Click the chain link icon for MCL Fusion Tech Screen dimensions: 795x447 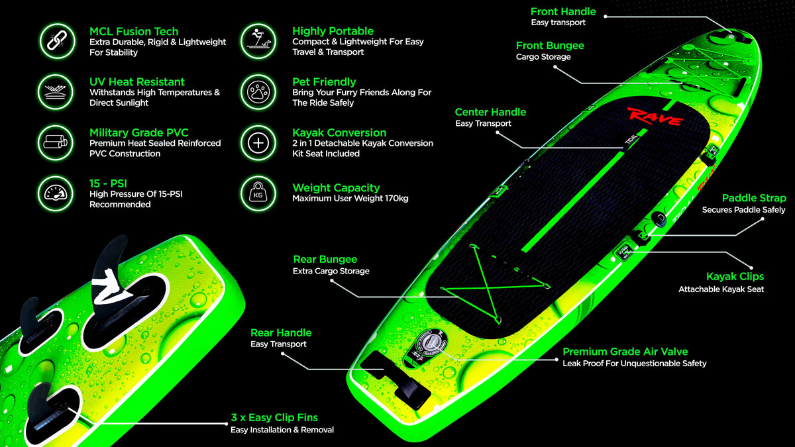pyautogui.click(x=57, y=41)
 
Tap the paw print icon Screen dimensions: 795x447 pyautogui.click(x=258, y=92)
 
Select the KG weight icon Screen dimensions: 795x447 pyautogui.click(x=258, y=193)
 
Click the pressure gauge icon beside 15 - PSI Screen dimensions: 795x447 pyautogui.click(x=56, y=193)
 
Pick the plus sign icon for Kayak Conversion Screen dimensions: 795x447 pyautogui.click(x=258, y=143)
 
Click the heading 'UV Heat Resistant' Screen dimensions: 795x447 pyautogui.click(x=137, y=82)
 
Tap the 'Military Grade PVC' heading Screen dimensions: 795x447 pyautogui.click(x=138, y=132)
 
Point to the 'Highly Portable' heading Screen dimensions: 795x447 pyautogui.click(x=333, y=31)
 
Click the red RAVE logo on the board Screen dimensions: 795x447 pyautogui.click(x=655, y=117)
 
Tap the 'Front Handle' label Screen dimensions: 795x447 pyautogui.click(x=563, y=12)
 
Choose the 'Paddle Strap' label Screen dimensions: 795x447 pyautogui.click(x=754, y=198)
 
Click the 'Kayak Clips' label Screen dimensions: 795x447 pyautogui.click(x=735, y=276)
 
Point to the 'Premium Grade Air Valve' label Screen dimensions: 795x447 pyautogui.click(x=625, y=352)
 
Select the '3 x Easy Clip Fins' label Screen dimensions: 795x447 pyautogui.click(x=274, y=418)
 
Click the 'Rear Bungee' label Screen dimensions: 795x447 pyautogui.click(x=325, y=260)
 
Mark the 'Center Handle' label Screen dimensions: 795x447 pyautogui.click(x=490, y=112)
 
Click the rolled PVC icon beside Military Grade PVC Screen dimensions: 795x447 pyautogui.click(x=56, y=142)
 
